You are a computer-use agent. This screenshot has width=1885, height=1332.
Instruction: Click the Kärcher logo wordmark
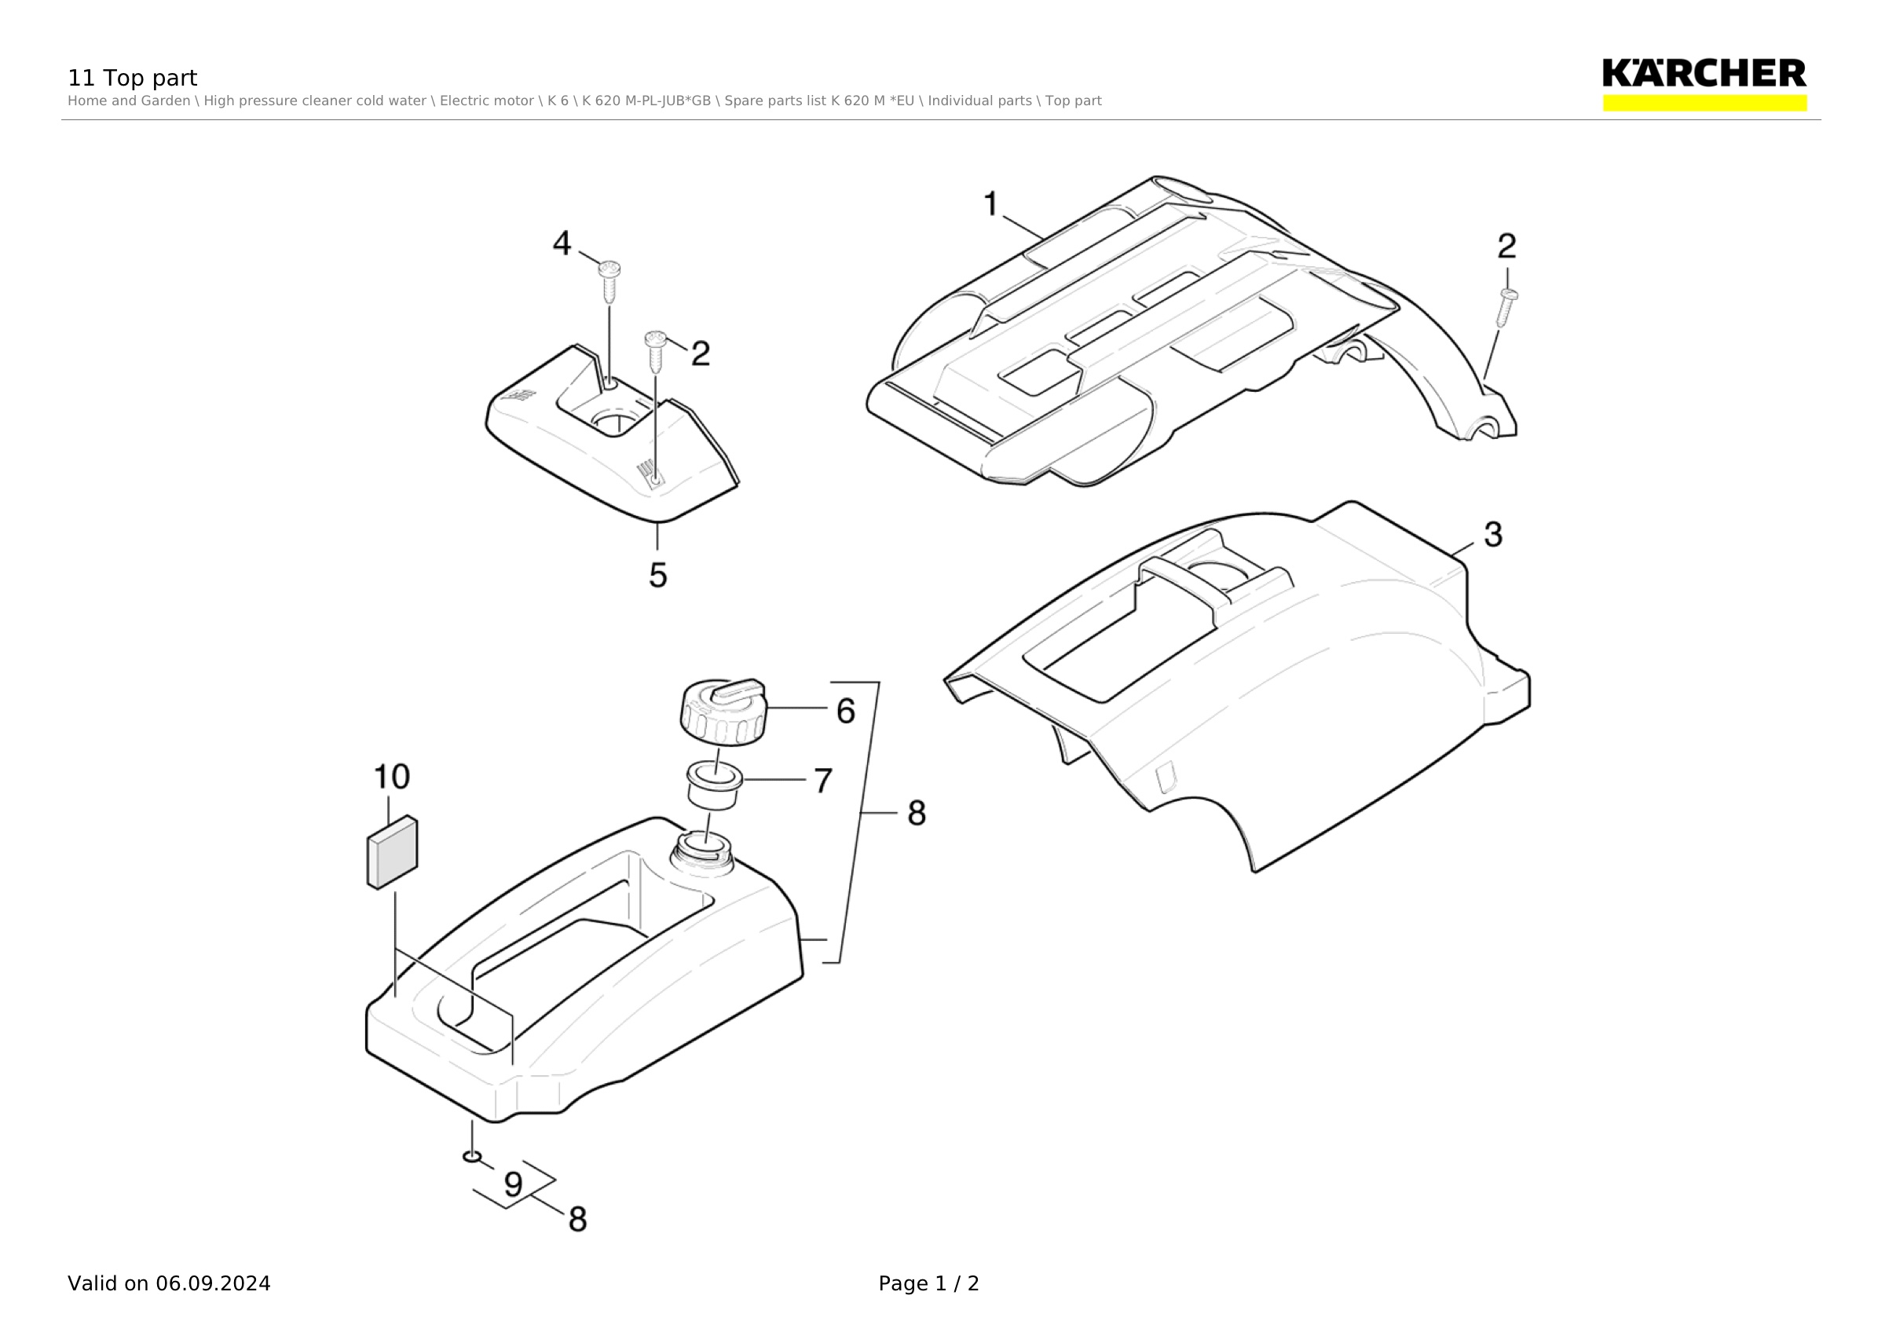coord(1704,73)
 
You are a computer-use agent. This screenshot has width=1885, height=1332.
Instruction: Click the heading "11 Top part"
coord(132,78)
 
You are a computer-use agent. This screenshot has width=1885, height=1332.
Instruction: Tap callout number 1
coord(991,203)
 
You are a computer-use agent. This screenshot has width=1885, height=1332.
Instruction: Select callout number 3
coord(1493,534)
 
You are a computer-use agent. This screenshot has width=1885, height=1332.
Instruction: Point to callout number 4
coord(562,243)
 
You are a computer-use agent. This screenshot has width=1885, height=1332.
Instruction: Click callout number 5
coord(657,576)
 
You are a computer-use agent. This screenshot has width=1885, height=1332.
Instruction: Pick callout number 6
coord(846,711)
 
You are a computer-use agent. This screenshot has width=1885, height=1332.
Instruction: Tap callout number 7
coord(823,781)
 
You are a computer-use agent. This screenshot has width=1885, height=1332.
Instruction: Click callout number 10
coord(392,777)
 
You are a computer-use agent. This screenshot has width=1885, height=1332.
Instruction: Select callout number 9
coord(513,1184)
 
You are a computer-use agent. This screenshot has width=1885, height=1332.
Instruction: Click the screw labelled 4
coord(609,280)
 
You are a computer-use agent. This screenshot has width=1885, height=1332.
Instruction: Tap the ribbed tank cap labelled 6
coord(723,712)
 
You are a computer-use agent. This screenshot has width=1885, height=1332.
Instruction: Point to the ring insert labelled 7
coord(714,785)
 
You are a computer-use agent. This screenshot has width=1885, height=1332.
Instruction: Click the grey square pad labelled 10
coord(393,852)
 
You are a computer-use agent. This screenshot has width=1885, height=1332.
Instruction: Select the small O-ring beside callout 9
coord(472,1156)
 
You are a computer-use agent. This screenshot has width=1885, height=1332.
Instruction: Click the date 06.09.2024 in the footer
coord(214,1283)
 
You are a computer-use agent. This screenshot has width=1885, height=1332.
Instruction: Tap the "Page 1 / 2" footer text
coord(928,1283)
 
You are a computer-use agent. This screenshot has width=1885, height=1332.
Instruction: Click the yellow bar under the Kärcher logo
coord(1704,103)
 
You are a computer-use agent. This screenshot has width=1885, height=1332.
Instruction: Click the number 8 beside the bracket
coord(917,814)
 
